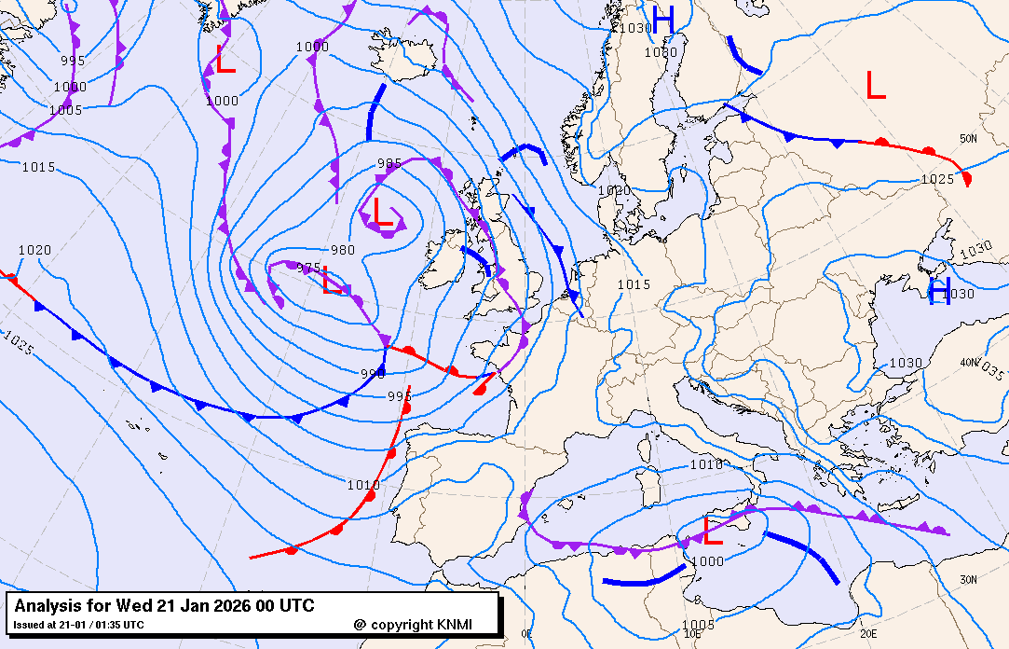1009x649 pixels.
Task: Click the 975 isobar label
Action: coord(308,268)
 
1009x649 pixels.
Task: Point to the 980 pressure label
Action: coord(343,250)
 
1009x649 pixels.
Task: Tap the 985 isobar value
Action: coord(389,164)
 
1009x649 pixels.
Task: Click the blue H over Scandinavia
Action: coord(662,20)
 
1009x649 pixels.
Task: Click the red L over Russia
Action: coord(875,86)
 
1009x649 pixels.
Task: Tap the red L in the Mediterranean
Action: coord(713,532)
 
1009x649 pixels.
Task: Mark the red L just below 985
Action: coord(382,213)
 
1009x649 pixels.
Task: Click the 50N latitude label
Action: coord(969,139)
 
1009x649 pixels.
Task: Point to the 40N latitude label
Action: coord(969,362)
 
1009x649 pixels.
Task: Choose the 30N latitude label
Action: coord(969,580)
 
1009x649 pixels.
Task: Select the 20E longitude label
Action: coord(868,633)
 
